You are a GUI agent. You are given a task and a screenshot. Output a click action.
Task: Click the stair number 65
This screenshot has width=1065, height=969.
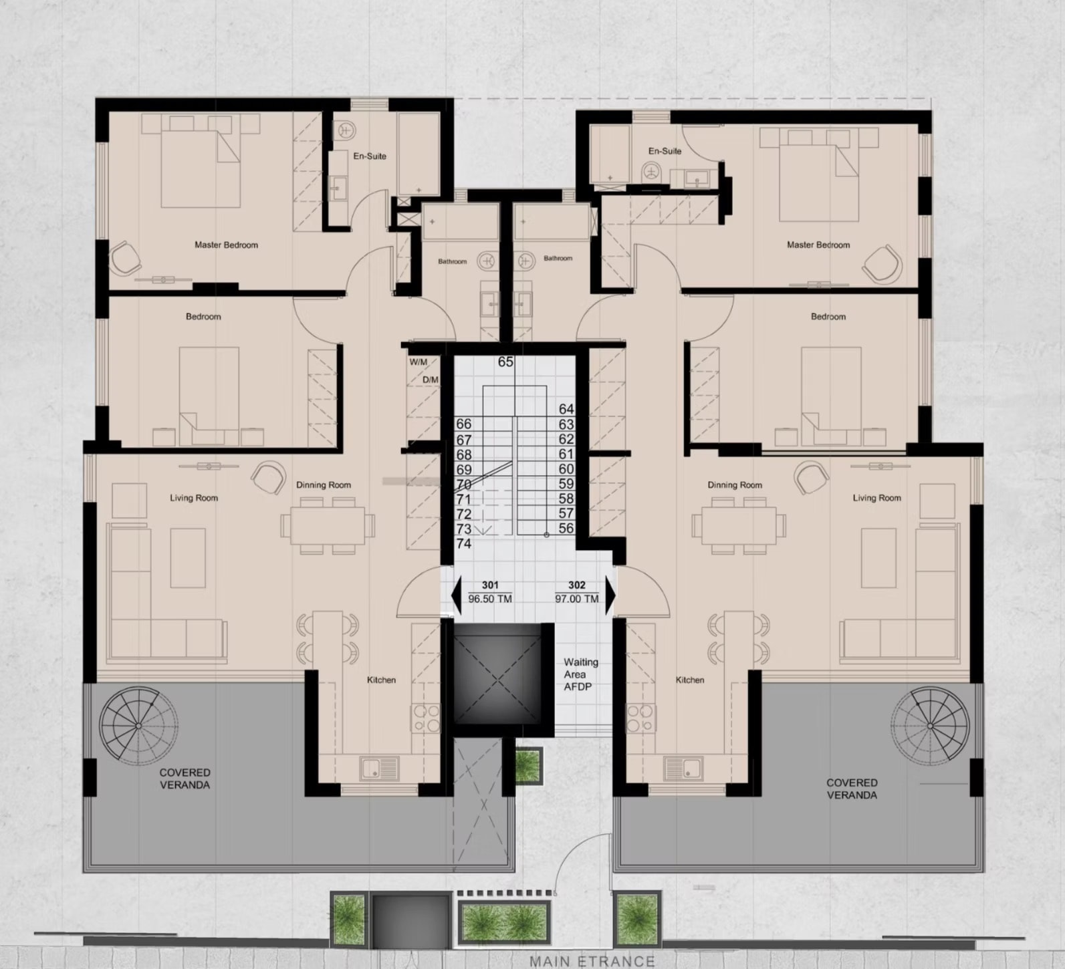505,362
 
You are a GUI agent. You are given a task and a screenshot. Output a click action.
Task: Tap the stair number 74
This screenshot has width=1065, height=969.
464,543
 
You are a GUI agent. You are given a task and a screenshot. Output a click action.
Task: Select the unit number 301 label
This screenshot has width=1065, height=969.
490,585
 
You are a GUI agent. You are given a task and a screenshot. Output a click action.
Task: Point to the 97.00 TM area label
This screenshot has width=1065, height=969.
577,599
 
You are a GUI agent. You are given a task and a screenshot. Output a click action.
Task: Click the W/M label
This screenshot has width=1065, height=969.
419,362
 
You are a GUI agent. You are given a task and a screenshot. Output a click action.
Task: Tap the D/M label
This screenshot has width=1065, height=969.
431,380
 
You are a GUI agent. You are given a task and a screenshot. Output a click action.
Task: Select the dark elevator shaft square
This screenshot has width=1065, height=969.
497,674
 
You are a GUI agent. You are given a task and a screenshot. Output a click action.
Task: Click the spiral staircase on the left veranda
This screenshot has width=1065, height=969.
139,726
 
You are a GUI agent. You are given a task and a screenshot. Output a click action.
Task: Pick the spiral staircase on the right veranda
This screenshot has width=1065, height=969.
930,726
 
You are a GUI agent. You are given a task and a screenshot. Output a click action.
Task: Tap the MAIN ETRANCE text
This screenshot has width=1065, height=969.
592,961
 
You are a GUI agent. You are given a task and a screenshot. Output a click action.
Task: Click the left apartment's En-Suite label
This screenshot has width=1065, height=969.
370,156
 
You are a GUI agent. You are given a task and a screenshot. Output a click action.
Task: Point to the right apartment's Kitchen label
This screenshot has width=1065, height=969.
690,680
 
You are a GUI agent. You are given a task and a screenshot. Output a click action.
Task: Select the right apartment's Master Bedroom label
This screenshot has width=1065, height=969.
818,245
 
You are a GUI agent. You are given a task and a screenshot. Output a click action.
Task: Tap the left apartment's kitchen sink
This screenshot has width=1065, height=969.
379,769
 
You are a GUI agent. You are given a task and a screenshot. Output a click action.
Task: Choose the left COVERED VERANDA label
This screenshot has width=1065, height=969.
185,779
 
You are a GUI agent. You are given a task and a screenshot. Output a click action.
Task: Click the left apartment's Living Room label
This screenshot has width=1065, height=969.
194,498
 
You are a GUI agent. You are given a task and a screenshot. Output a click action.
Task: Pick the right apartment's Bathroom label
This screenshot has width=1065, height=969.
558,258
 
